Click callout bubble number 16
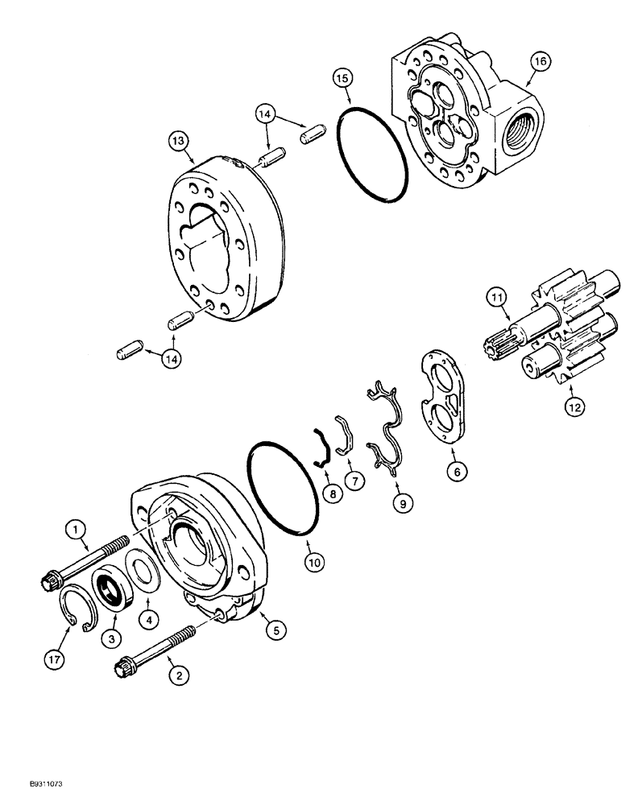pos(539,60)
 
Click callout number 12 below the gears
pos(574,408)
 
